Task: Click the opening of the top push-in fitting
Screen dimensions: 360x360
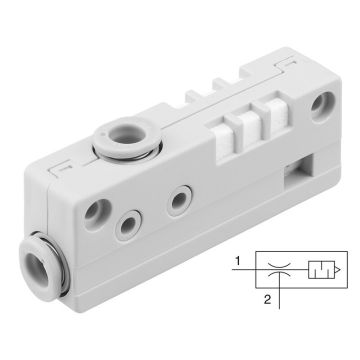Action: (x=126, y=134)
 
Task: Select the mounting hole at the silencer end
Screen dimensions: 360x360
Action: (x=322, y=106)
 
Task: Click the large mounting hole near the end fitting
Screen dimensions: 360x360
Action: (x=97, y=215)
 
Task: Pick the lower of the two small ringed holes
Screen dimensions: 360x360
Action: (x=128, y=225)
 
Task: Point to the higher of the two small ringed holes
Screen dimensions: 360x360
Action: (x=179, y=201)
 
